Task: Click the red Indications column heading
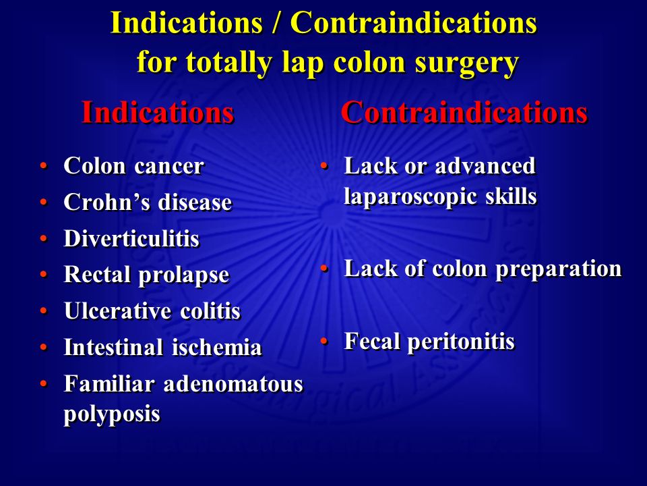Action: pyautogui.click(x=158, y=112)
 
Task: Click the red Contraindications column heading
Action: pyautogui.click(x=464, y=112)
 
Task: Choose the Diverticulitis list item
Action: pyautogui.click(x=131, y=238)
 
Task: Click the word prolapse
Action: pyautogui.click(x=183, y=275)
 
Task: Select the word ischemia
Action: pyautogui.click(x=217, y=347)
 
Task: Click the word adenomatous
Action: pyautogui.click(x=234, y=384)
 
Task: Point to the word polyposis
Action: pyautogui.click(x=112, y=414)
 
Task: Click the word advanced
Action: pyautogui.click(x=485, y=166)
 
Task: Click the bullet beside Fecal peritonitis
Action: pyautogui.click(x=324, y=341)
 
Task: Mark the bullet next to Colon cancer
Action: pyautogui.click(x=44, y=166)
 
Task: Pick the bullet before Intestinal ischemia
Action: pyautogui.click(x=44, y=347)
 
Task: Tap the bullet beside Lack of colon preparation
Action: pyautogui.click(x=324, y=268)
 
